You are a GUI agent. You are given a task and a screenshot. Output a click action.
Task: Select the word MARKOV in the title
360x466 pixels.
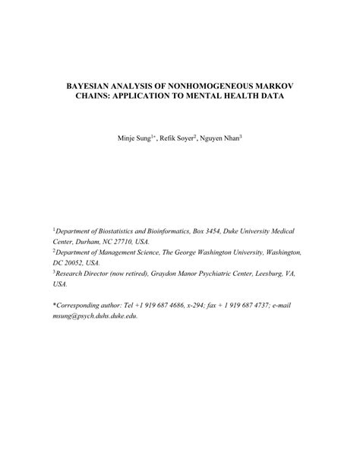click(270, 88)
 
